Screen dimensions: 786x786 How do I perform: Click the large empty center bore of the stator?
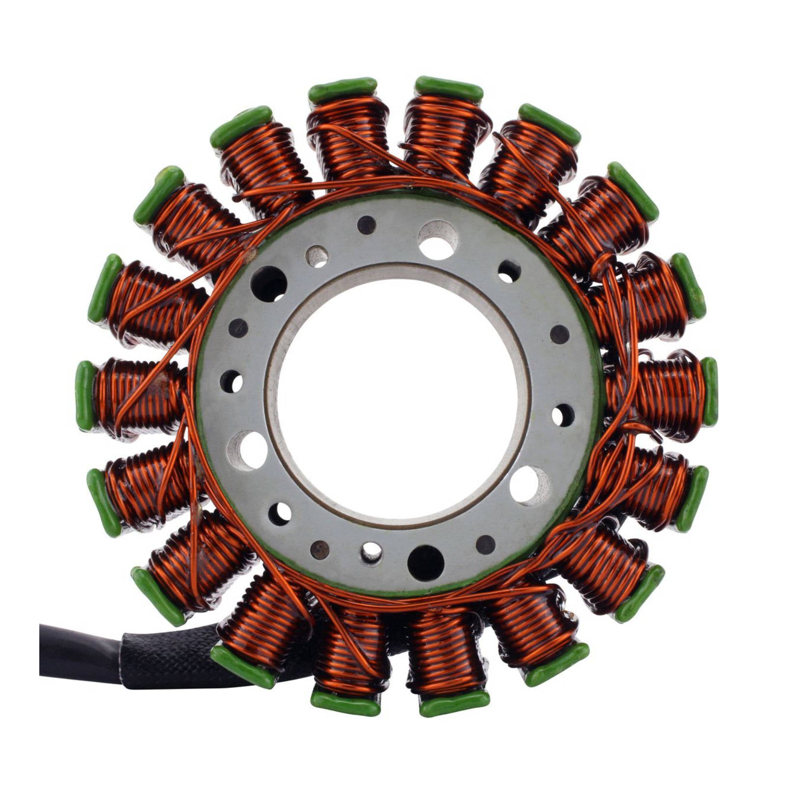[x=398, y=398]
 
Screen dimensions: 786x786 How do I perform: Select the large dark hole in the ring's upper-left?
[x=268, y=284]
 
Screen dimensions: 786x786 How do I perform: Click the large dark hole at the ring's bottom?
[x=425, y=562]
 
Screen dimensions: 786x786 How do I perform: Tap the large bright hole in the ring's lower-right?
[x=530, y=485]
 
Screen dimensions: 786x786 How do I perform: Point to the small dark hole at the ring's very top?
[x=366, y=225]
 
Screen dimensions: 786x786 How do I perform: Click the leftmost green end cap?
[x=84, y=395]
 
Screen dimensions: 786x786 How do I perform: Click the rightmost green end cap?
[x=710, y=392]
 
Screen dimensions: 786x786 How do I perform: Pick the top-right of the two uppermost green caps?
[x=449, y=88]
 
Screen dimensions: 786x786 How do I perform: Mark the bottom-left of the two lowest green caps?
[x=345, y=703]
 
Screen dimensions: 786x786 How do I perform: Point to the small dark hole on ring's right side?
[x=560, y=334]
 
